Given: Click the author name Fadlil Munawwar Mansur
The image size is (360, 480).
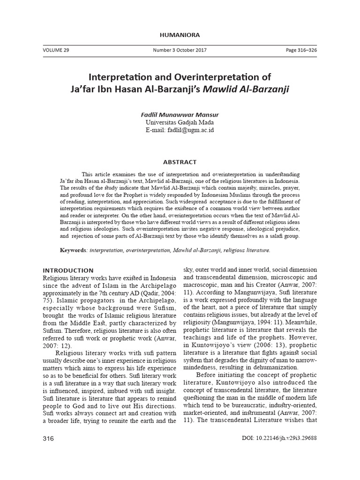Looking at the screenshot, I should click(180, 114).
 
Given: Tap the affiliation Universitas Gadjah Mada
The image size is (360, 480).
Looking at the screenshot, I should click(180, 122).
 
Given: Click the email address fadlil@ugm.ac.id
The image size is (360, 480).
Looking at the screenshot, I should click(190, 130).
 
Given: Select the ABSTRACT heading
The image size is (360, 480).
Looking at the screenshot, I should click(180, 162).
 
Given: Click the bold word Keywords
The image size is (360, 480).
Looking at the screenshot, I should click(74, 250).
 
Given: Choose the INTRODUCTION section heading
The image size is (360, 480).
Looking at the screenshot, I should click(68, 270).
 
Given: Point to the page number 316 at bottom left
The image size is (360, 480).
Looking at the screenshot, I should click(49, 439).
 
